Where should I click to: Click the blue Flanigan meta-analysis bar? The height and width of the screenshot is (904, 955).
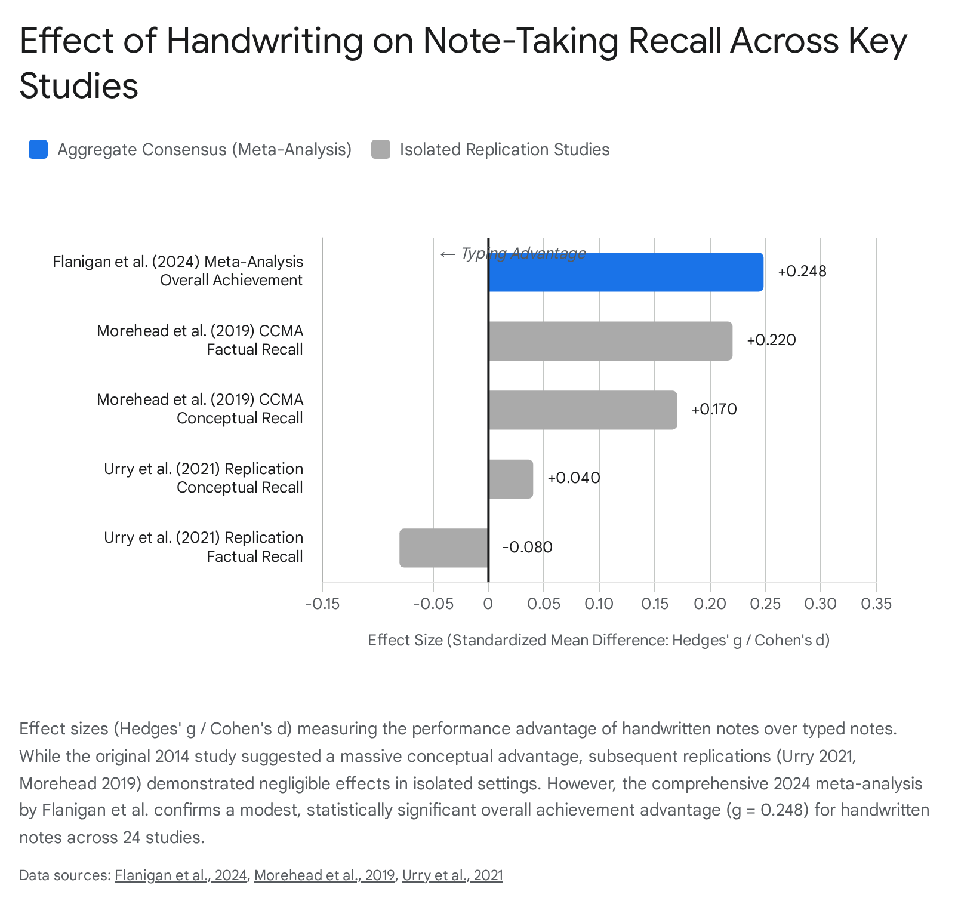click(626, 272)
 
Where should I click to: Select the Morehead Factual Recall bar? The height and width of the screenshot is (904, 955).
click(610, 341)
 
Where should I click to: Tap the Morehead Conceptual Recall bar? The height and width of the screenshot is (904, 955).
click(583, 410)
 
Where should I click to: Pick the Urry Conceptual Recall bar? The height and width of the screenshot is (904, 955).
click(510, 479)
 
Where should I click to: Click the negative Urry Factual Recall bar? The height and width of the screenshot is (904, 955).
click(444, 548)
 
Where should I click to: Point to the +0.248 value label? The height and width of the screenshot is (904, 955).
click(802, 272)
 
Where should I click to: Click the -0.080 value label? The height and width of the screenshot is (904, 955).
click(527, 548)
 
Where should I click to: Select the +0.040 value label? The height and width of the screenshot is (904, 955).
click(574, 478)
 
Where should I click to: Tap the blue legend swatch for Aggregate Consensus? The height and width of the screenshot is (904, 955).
click(38, 149)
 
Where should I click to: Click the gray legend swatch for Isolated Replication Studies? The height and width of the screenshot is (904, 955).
click(381, 149)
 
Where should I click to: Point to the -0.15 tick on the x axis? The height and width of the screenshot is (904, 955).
click(322, 604)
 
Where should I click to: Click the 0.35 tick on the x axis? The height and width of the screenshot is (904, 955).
click(876, 604)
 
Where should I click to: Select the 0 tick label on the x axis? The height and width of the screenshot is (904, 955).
click(488, 604)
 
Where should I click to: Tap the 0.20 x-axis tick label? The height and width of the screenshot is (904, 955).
click(710, 604)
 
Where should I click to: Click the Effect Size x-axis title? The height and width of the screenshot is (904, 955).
click(599, 641)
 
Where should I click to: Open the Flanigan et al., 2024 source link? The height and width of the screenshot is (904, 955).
click(181, 875)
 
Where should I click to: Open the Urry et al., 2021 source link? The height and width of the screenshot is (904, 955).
click(452, 875)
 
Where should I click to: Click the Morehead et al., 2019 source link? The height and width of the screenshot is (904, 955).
click(325, 875)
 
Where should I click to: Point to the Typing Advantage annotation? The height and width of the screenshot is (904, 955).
click(513, 254)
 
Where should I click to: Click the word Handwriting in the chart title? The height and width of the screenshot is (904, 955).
click(264, 42)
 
